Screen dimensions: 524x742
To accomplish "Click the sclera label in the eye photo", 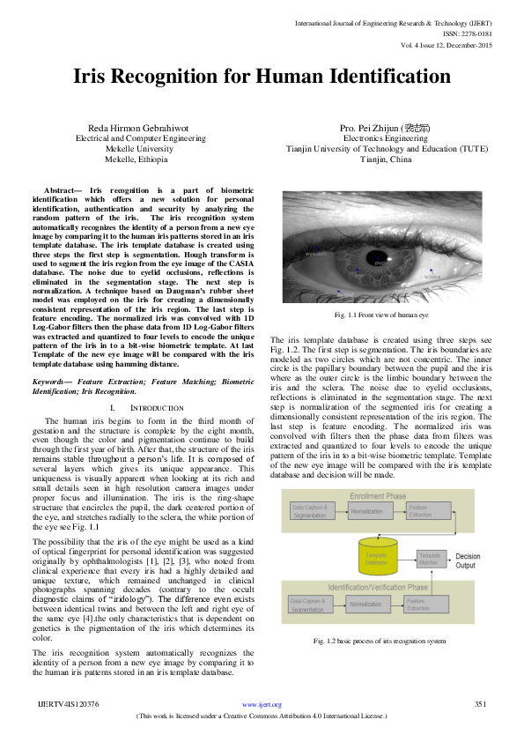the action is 432,276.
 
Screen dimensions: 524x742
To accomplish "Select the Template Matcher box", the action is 428,558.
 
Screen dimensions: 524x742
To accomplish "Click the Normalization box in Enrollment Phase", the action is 366,510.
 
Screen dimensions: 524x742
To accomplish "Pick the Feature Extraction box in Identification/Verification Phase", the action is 421,603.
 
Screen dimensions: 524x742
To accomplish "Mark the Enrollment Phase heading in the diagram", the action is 378,496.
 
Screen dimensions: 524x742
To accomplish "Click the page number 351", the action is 481,704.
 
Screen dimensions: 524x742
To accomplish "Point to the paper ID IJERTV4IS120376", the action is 68,704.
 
